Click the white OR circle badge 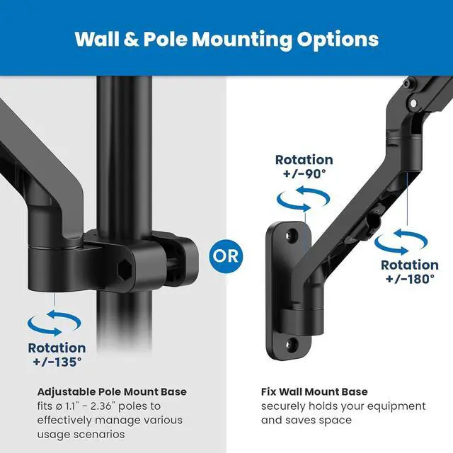click(226, 254)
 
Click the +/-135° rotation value click(57, 362)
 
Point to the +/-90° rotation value click(304, 174)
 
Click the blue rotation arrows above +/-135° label click(55, 324)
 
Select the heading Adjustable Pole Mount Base click(112, 391)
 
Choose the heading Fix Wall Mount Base click(314, 391)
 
